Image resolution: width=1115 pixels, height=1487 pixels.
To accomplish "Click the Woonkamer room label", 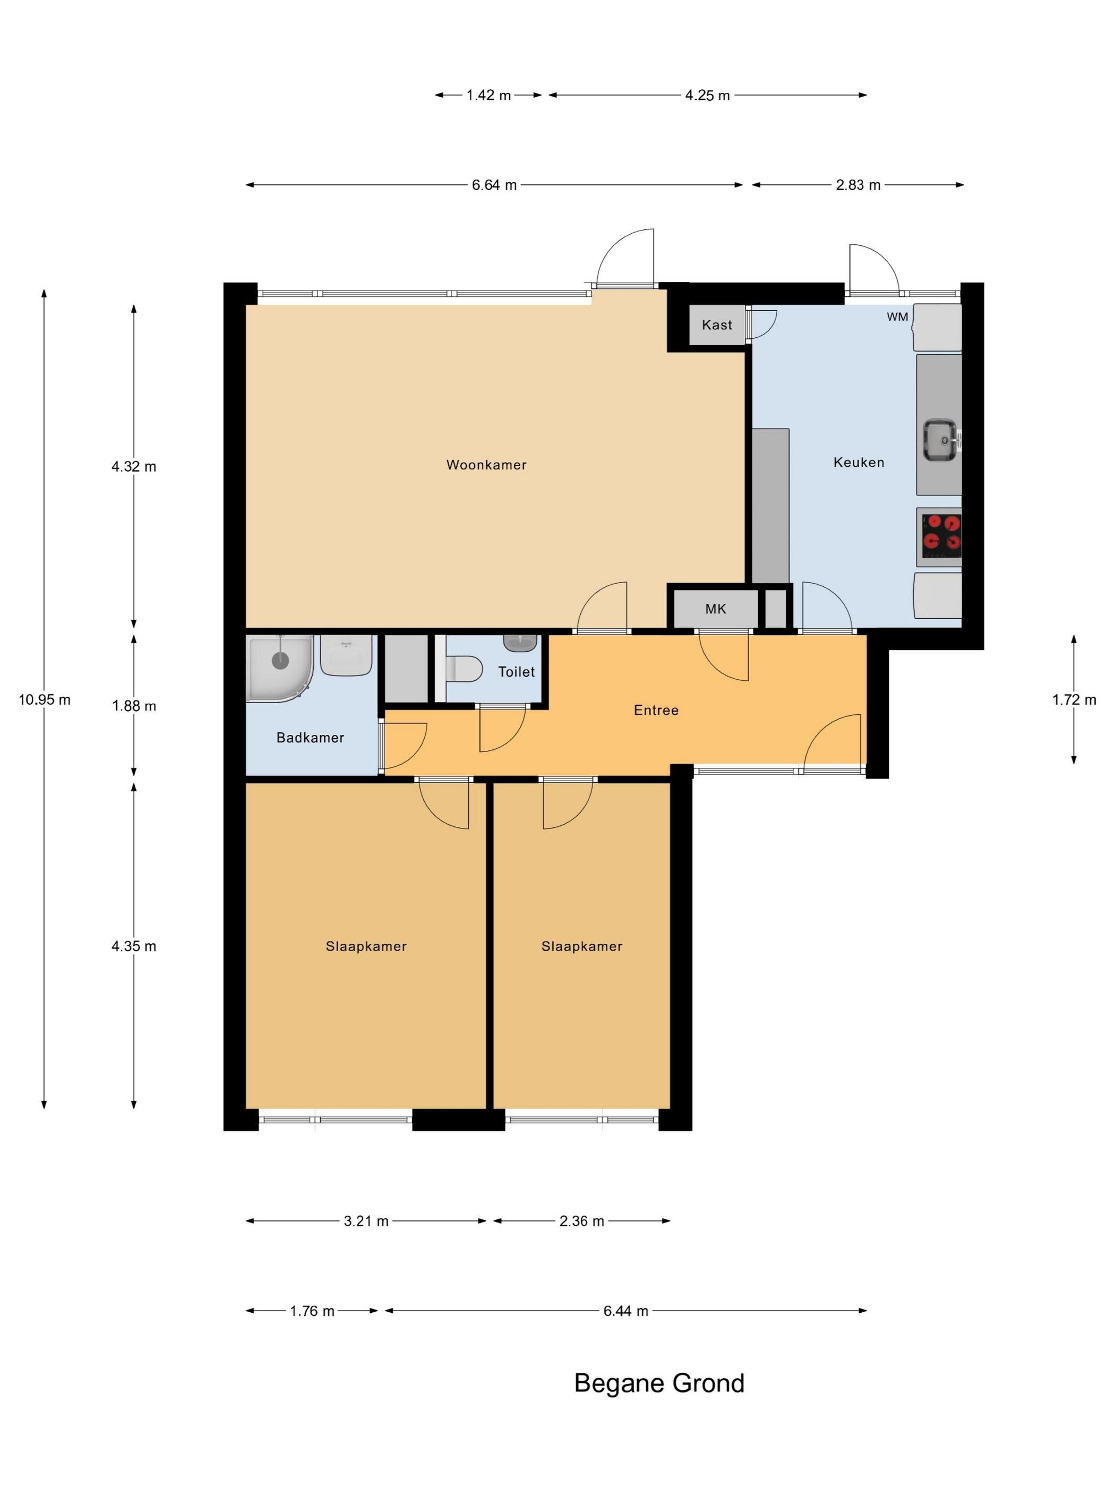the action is (x=486, y=465).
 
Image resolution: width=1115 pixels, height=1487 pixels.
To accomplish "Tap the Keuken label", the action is (x=858, y=462).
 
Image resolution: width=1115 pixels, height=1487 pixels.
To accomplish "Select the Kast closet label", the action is (x=716, y=324).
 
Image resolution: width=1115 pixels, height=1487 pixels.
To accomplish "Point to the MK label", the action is (x=715, y=609).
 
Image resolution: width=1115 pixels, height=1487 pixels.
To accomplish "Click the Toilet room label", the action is (x=516, y=672).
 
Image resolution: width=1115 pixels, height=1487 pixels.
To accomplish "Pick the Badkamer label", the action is (x=310, y=738).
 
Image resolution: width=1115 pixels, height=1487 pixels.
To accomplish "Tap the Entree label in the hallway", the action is (x=656, y=710).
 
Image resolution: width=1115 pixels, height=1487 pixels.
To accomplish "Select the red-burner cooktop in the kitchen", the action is (x=939, y=536).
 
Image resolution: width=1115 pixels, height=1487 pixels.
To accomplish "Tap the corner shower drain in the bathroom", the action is (x=280, y=660).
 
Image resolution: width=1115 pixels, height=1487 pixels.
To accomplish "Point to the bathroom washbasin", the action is (x=346, y=655).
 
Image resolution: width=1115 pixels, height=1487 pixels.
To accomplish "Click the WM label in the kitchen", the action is (x=897, y=317).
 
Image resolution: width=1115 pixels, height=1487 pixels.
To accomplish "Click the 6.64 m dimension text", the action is (x=494, y=185).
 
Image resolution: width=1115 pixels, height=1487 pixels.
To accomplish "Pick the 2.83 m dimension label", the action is (x=857, y=185).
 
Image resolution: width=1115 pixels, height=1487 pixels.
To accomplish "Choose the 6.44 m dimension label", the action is (x=625, y=1311).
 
